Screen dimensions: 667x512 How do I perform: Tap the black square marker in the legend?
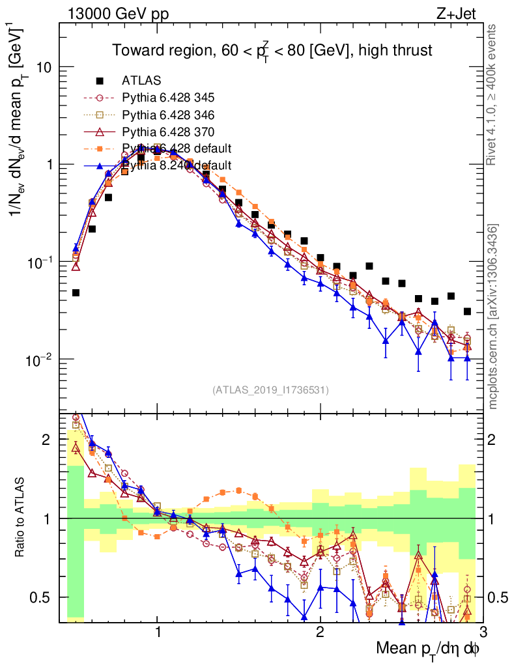click(100, 81)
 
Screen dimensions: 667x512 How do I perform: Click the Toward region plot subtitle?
click(272, 50)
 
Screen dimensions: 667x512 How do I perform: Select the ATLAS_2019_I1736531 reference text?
click(270, 390)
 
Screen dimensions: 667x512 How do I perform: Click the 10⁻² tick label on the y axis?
click(40, 359)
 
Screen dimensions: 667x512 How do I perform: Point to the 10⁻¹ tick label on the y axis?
click(40, 262)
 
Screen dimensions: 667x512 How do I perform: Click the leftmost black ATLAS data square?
click(76, 293)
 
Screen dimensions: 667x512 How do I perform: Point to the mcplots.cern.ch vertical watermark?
click(493, 317)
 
